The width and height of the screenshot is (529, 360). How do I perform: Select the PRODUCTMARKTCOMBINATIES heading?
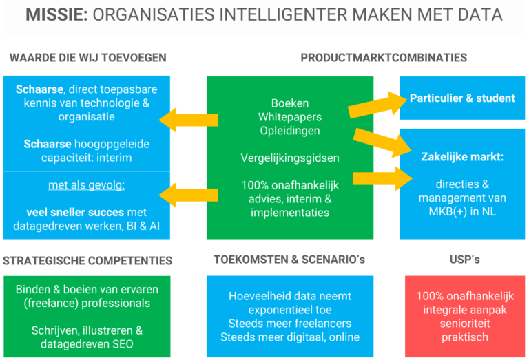coord(384,57)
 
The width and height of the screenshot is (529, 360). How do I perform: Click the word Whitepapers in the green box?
coord(290,116)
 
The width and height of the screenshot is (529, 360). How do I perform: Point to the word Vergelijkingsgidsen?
coord(290,158)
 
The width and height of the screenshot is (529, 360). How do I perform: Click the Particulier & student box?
coord(462,98)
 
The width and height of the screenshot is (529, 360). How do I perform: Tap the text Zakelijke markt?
coord(462,157)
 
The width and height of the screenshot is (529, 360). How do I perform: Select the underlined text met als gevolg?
coord(87,185)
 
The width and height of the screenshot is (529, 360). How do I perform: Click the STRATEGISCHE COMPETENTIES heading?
coord(87,261)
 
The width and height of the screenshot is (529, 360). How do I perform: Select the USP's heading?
coord(462,261)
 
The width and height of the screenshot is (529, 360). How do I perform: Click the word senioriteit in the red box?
coord(462,324)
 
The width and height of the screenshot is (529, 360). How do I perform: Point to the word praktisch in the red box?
coord(462,337)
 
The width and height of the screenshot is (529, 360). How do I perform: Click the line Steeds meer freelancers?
coord(290,324)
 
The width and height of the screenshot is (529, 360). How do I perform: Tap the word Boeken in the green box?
coord(290,103)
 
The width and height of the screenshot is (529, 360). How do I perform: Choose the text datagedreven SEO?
coord(87,344)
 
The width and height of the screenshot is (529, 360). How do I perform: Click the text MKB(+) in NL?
coord(462,212)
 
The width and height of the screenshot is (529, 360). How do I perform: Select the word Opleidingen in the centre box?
coord(290,130)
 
